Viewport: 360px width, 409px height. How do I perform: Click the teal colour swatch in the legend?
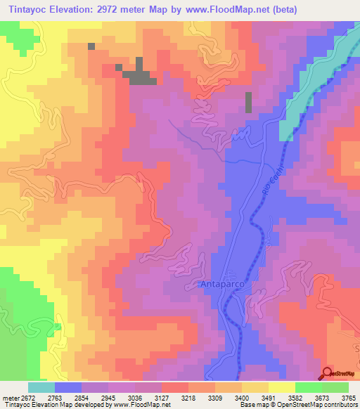pyautogui.click(x=41, y=387)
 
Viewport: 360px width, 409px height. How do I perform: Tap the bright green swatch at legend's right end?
pyautogui.click(x=335, y=387)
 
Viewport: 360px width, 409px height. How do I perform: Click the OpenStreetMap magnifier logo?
pyautogui.click(x=328, y=373)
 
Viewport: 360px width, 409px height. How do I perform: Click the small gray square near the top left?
pyautogui.click(x=91, y=46)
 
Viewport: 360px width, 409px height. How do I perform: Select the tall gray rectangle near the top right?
pyautogui.click(x=248, y=103)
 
